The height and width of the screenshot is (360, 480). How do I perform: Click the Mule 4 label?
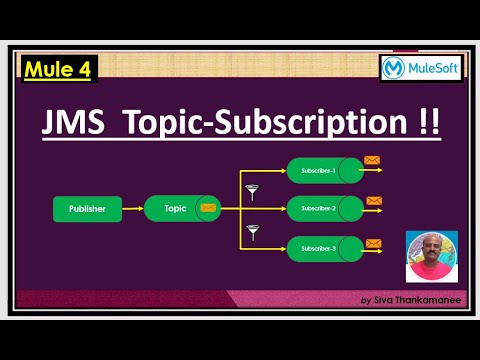coord(56,69)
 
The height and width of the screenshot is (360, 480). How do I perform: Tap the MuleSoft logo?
coord(421,68)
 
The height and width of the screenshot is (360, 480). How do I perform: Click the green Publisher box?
coord(86,209)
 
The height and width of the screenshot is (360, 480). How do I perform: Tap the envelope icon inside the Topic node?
coord(208,209)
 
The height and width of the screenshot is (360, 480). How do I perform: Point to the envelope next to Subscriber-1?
coord(372,160)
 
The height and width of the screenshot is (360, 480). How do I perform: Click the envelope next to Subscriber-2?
coord(374,200)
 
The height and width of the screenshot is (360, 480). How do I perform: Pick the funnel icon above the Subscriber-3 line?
coord(252,233)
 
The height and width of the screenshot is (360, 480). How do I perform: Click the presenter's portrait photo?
coord(431,256)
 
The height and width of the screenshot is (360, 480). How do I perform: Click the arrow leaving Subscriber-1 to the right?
coord(372,170)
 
